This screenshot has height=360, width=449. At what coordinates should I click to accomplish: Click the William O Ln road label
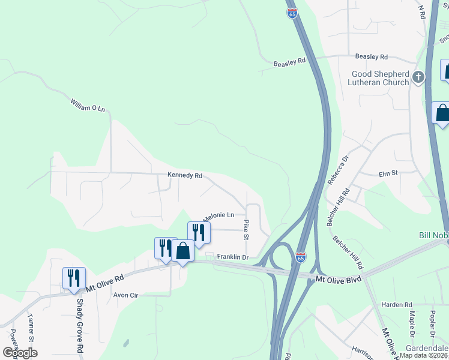click(88, 105)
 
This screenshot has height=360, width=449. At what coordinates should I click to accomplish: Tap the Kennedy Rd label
click(185, 176)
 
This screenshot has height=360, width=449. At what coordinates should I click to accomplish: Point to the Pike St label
click(246, 230)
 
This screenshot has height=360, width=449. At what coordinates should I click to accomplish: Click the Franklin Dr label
click(232, 257)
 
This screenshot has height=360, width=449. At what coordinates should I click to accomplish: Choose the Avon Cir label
click(126, 295)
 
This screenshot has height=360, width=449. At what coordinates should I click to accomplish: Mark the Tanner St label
click(30, 326)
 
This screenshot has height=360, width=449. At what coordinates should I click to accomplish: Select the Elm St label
click(388, 173)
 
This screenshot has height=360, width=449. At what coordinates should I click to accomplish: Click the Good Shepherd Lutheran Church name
click(381, 78)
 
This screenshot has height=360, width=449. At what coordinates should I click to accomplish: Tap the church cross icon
click(418, 77)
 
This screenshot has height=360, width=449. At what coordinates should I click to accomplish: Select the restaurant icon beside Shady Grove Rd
click(74, 278)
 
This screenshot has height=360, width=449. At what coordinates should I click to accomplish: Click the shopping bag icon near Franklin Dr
click(182, 251)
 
